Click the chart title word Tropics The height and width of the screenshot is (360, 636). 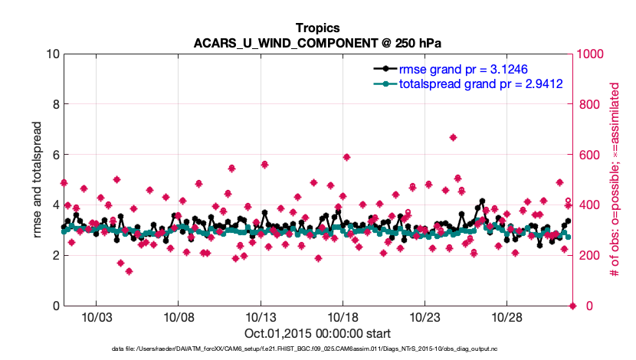tap(317, 28)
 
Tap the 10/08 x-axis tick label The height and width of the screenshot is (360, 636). tap(178, 317)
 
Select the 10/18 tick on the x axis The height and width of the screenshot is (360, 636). tap(343, 317)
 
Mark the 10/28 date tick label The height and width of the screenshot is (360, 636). tap(507, 317)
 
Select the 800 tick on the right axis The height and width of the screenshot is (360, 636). tap(588, 104)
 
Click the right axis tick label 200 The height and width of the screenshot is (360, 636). tap(588, 255)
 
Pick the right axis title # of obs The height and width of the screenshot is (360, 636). tap(613, 179)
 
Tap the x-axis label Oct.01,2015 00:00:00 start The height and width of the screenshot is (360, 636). tap(317, 333)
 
